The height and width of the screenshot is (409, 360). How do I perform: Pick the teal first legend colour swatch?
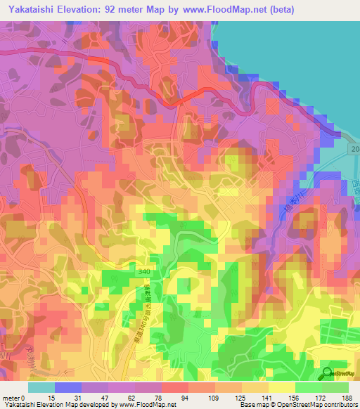point(41,387)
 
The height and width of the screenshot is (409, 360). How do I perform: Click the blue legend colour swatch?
point(68,387)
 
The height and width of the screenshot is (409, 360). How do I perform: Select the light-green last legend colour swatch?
point(335,387)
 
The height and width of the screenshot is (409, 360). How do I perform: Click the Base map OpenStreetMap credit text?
point(295,405)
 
